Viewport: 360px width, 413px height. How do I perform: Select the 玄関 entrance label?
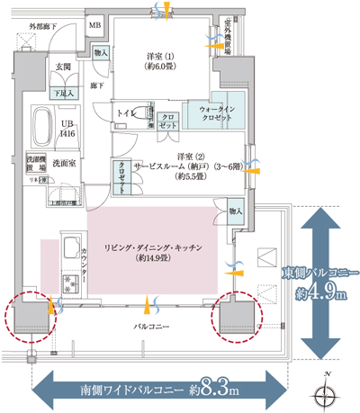pyautogui.click(x=63, y=67)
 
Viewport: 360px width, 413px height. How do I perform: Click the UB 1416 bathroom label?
pyautogui.click(x=67, y=127)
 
